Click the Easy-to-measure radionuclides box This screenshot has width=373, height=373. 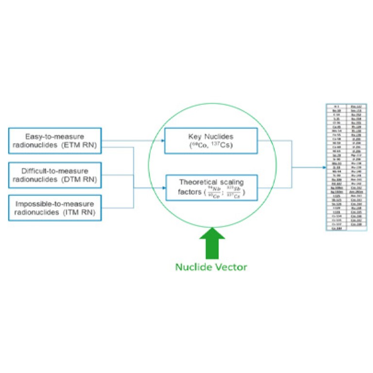tap(55, 141)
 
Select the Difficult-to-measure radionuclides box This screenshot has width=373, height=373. tap(55, 175)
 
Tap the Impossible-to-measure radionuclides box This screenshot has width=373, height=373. tap(55, 207)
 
